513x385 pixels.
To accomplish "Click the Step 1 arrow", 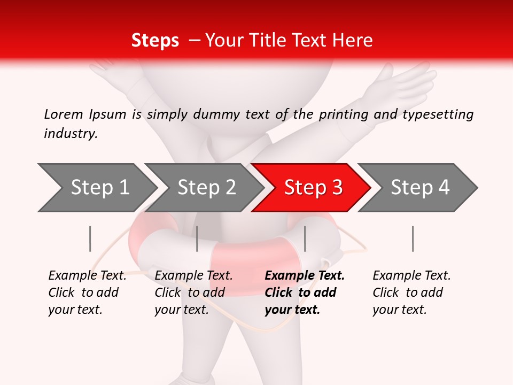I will click(96, 188).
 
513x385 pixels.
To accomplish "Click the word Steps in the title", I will click(155, 41).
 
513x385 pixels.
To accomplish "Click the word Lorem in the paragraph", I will click(64, 114).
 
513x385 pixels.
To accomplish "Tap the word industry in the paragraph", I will click(70, 133).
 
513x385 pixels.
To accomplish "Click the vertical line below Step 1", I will click(90, 238).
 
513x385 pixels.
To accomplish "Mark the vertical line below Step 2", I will click(197, 238).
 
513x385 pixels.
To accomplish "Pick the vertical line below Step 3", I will click(305, 238).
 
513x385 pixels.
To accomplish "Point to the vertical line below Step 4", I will click(413, 238).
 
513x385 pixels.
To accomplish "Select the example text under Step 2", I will click(193, 292).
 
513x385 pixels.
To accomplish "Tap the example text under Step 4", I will click(411, 292).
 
